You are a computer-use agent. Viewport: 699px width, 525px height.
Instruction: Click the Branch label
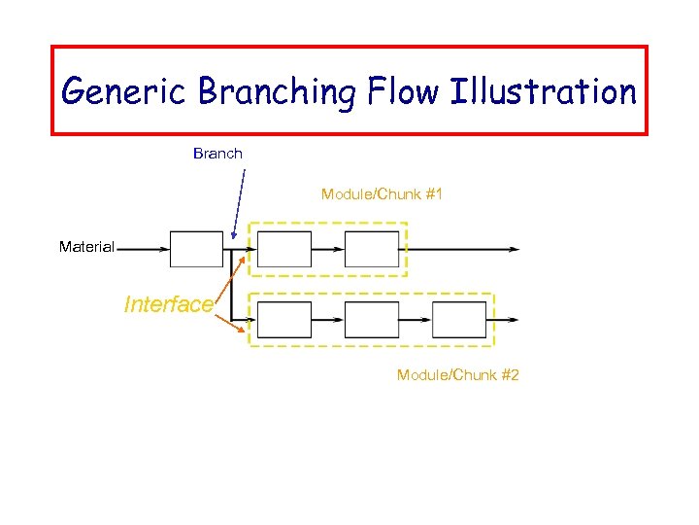(217, 154)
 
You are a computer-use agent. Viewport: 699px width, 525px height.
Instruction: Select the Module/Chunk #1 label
(382, 194)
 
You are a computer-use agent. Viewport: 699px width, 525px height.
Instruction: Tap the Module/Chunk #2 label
(457, 375)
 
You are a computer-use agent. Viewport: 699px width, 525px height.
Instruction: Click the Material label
(86, 247)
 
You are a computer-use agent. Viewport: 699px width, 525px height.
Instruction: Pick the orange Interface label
(168, 304)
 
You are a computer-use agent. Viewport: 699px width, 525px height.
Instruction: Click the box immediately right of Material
(196, 249)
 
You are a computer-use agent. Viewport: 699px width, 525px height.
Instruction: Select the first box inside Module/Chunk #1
(284, 249)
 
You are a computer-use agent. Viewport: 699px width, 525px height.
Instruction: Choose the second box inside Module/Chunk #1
(372, 249)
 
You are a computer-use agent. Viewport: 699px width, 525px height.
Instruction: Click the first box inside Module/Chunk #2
(284, 319)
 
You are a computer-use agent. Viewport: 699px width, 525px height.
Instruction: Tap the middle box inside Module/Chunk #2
(372, 319)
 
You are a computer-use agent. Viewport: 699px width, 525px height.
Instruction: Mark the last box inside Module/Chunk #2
(459, 319)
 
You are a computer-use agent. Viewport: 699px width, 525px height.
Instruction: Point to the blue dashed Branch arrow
(239, 204)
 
